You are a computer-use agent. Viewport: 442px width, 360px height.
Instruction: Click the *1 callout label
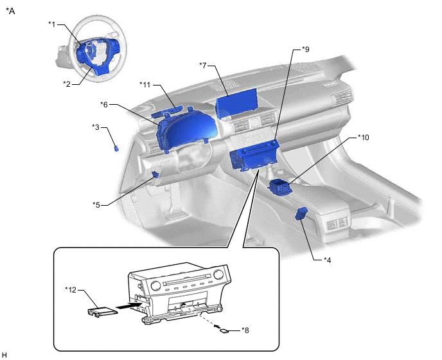coord(52,24)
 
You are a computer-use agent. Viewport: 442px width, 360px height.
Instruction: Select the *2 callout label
coord(67,84)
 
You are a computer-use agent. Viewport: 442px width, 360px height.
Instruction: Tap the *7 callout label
coord(203,65)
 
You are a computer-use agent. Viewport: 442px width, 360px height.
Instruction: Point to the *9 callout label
coord(306,49)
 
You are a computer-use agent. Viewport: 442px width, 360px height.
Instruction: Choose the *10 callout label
coord(364,138)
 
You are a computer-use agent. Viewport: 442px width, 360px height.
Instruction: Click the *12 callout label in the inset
coord(71,290)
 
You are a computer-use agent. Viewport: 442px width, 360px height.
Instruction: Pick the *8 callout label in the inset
coord(245,330)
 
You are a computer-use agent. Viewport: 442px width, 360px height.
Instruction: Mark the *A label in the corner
coord(10,11)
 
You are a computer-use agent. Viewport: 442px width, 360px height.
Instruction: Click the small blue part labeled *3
coord(116,148)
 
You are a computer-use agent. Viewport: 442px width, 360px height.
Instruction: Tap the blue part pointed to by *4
coord(301,213)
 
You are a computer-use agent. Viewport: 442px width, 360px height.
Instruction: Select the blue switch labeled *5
coord(155,175)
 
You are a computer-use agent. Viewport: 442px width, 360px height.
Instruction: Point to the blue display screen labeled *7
coord(236,104)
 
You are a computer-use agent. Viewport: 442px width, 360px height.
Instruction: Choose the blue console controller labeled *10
coord(279,187)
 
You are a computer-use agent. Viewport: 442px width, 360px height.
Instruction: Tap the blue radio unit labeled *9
coord(254,156)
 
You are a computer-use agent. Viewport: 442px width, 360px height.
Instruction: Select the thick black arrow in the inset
coord(128,305)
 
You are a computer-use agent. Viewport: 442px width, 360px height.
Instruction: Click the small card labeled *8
coord(224,331)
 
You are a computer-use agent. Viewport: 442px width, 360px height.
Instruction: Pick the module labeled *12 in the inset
coord(102,312)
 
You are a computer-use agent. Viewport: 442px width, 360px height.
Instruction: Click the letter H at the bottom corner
coord(4,355)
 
